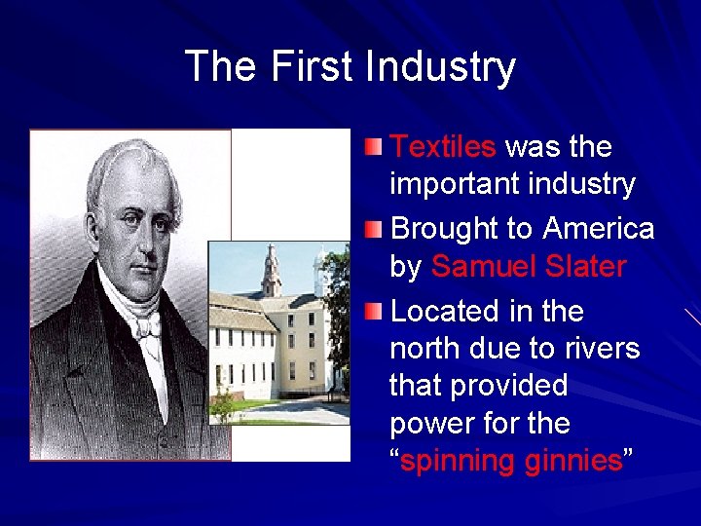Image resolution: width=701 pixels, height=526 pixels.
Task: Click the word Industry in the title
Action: (440, 67)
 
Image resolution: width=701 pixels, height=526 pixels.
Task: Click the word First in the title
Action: (314, 67)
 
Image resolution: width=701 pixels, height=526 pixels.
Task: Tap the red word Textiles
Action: (443, 147)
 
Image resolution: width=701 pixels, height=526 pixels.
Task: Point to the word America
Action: (599, 228)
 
